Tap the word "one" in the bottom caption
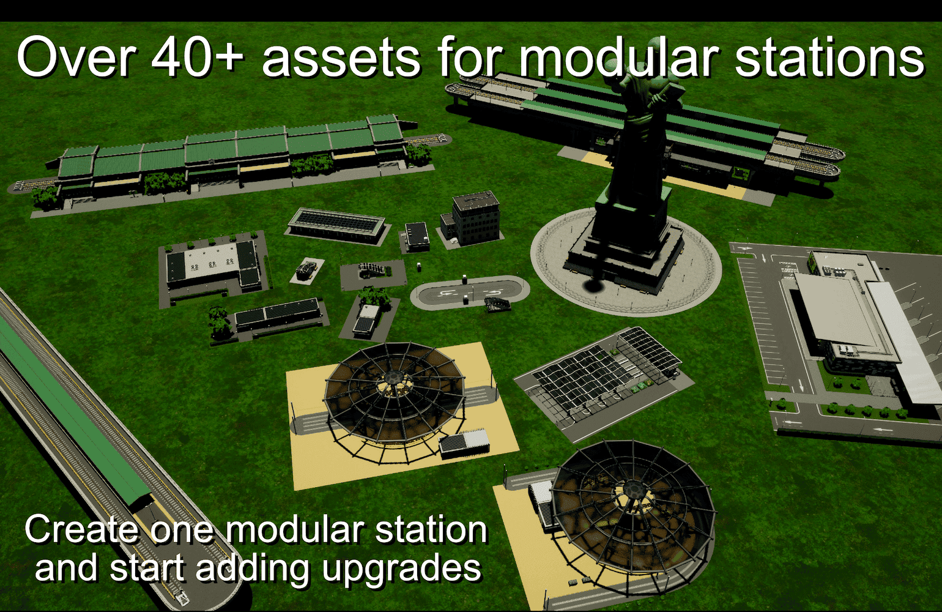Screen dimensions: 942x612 coord(181,532)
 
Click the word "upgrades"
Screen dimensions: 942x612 coord(402,570)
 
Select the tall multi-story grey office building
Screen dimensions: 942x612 coord(476,218)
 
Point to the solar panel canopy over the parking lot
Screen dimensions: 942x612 coord(606,370)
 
